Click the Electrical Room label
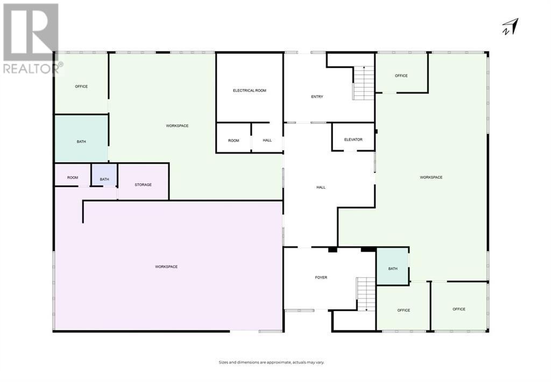(x=249, y=91)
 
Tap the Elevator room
(x=353, y=140)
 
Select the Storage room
(x=143, y=185)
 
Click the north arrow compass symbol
(x=511, y=26)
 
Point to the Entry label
(x=317, y=97)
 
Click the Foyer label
(x=321, y=277)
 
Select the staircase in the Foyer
(x=366, y=293)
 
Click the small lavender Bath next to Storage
(x=104, y=179)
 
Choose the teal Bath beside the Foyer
(x=393, y=268)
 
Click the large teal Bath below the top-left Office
(x=81, y=142)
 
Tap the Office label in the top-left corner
(x=81, y=87)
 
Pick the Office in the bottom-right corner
(x=459, y=309)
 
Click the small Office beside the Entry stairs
(x=401, y=76)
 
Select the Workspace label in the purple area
(x=166, y=267)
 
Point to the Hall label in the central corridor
(x=321, y=187)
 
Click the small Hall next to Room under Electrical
(x=267, y=141)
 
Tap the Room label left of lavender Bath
(x=73, y=177)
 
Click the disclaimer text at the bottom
(x=271, y=363)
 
